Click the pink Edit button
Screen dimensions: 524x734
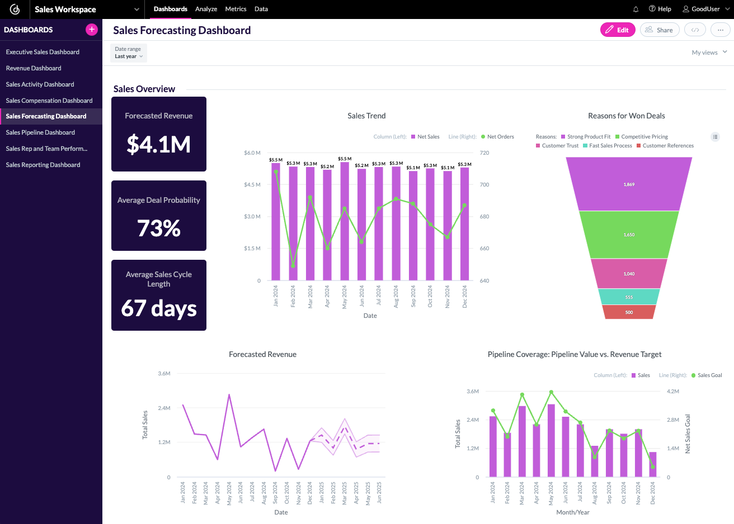click(618, 30)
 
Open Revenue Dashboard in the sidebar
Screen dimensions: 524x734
click(34, 68)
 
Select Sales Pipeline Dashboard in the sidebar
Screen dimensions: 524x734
click(40, 132)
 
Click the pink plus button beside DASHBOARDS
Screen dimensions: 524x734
click(92, 30)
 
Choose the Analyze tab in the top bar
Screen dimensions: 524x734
click(206, 9)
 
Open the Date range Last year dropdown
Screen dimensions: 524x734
click(129, 53)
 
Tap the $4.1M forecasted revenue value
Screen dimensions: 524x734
click(159, 144)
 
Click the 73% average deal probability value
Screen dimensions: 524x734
click(159, 228)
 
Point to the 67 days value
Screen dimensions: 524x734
click(159, 308)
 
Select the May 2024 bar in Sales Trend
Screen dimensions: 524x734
click(345, 223)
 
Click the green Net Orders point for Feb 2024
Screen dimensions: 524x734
click(293, 265)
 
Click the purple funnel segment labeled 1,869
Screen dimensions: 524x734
click(629, 184)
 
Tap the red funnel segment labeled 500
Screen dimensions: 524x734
click(629, 312)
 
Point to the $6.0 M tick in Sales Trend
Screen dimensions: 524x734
click(252, 153)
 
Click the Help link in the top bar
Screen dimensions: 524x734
click(660, 9)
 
